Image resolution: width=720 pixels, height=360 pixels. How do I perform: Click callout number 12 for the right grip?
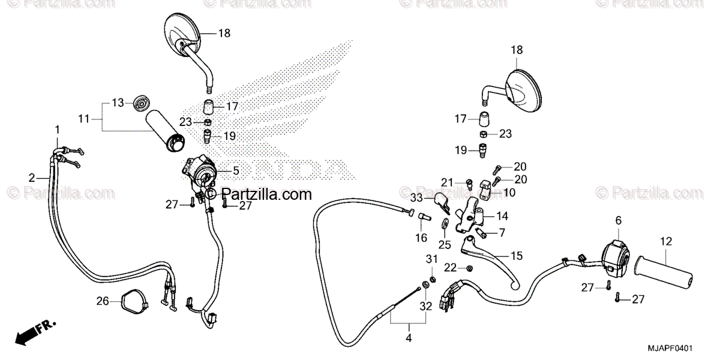(666, 242)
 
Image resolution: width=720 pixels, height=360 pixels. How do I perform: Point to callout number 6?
(618, 221)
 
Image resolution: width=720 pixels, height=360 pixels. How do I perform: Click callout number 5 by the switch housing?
(236, 171)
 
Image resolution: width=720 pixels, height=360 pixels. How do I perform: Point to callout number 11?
(83, 119)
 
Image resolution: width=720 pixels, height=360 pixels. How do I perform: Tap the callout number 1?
(58, 130)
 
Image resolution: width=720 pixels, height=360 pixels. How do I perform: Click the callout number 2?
(32, 178)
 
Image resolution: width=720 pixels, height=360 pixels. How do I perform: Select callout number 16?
(421, 238)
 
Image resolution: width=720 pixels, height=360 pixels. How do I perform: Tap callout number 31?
(430, 259)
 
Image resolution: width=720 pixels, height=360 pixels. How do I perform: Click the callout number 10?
(509, 192)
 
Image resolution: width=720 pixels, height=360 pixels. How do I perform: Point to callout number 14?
(502, 215)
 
